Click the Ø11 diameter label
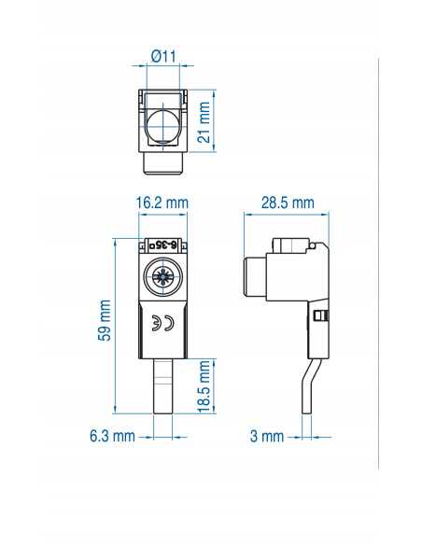coord(164,56)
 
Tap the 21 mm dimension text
coord(206,119)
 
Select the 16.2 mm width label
coord(162,203)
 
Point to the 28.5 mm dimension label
coord(287,203)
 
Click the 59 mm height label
coord(105,320)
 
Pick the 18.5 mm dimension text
coord(204,384)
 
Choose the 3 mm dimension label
coord(267,436)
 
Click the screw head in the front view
coord(162,278)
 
